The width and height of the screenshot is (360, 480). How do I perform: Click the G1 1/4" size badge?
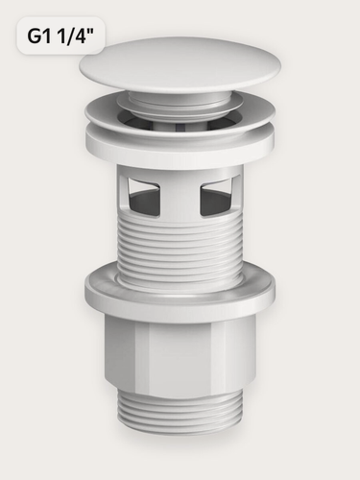pos(60,36)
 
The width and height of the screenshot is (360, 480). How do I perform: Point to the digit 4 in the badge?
pos(78,36)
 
